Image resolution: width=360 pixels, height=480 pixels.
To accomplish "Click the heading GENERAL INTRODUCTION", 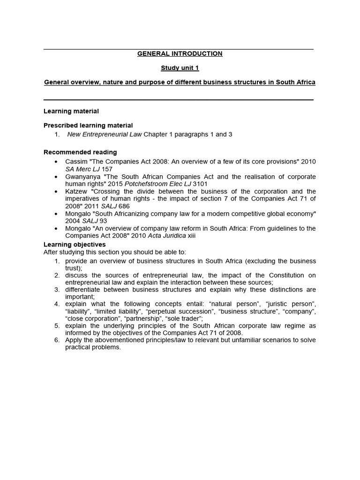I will click(x=180, y=54).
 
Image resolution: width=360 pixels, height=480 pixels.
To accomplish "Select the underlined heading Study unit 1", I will click(x=180, y=68).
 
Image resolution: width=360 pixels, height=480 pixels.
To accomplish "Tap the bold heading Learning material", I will click(x=71, y=111).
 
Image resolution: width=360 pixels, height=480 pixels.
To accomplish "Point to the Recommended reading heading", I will click(x=80, y=152).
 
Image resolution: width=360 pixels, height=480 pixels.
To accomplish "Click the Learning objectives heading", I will click(x=75, y=245).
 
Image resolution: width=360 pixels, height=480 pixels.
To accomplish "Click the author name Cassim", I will click(x=75, y=162).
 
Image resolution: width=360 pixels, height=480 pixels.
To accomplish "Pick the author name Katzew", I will click(x=75, y=192).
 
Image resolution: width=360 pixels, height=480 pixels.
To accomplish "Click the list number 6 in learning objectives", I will click(x=56, y=340).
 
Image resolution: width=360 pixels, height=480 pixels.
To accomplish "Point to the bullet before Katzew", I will click(x=56, y=192).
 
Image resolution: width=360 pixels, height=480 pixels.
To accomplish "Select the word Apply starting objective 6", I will click(x=74, y=340).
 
